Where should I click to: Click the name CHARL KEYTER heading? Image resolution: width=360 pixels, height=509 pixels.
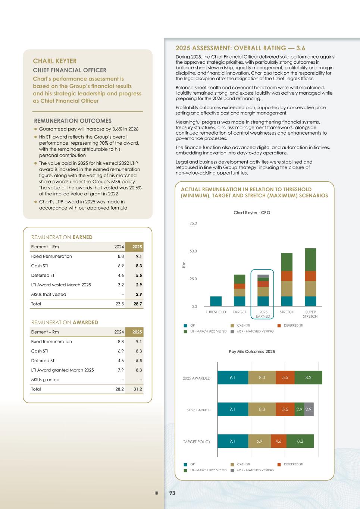coord(55,61)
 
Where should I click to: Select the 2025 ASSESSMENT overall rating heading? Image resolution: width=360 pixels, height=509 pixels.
coord(240,48)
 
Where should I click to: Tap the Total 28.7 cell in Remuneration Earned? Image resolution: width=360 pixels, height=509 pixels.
coord(138,304)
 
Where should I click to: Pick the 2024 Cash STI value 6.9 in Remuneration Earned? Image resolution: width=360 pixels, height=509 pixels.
coord(120,266)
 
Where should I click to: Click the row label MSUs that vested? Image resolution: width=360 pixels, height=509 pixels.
coord(48,294)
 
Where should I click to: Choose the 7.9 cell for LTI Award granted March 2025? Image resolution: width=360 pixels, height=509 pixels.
coord(120,370)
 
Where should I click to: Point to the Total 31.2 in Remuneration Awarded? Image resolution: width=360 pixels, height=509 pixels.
coord(138,389)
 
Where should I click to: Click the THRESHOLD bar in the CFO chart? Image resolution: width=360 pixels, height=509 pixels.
coord(216,301)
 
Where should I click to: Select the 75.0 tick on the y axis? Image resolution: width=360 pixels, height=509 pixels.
coord(193,223)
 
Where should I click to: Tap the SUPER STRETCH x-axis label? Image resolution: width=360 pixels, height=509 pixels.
coord(310,314)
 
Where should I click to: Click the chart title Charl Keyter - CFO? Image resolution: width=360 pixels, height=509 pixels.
coord(252,213)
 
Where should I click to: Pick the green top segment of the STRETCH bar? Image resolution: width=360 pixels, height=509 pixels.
coord(287,262)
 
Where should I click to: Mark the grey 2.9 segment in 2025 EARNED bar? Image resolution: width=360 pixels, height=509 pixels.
coord(309,409)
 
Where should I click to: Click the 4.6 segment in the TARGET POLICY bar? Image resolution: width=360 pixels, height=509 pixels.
coord(278,441)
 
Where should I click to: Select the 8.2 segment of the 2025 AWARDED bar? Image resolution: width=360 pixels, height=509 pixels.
coord(308,377)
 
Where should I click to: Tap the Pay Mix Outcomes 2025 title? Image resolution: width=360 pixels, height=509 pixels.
coord(252,351)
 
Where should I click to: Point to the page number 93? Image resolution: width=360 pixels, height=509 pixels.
coord(172,493)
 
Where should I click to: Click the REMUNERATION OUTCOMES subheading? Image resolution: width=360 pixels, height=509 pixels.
coord(73,121)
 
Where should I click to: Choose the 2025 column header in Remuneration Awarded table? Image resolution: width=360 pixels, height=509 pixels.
coord(137,332)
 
